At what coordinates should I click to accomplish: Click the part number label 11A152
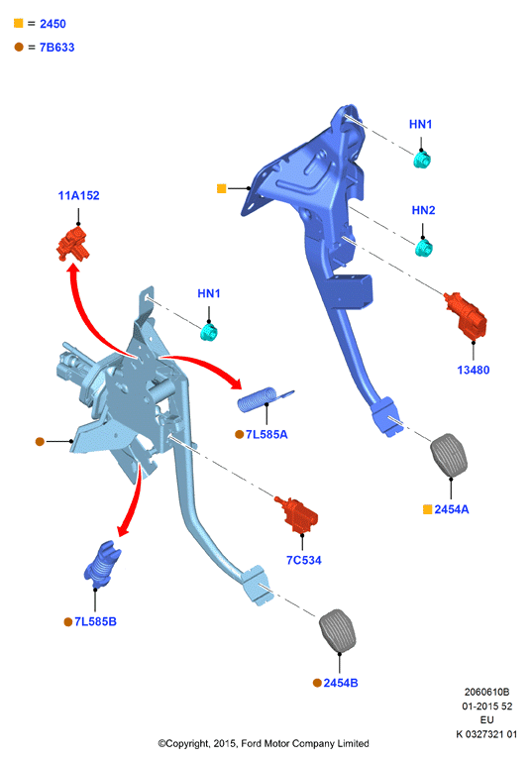coord(78,195)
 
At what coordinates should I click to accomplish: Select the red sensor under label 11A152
coord(73,245)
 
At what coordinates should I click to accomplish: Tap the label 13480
coord(474,370)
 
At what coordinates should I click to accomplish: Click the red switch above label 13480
coord(466,314)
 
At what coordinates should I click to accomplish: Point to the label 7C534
coord(304,560)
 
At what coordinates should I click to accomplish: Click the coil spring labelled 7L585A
coord(263,398)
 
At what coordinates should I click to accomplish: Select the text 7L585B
coord(95,621)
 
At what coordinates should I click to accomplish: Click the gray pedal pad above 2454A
coord(449,455)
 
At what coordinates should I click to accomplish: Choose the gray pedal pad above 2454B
coord(338,629)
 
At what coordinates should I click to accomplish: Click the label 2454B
coord(341,683)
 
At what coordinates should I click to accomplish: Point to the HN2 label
coord(423,210)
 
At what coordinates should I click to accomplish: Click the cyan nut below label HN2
coord(424,248)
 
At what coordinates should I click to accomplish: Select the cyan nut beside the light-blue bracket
coord(209,332)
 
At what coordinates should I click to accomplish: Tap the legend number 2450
coord(53,24)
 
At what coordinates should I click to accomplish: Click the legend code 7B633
coord(56,48)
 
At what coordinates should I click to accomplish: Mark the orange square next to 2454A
coord(427,509)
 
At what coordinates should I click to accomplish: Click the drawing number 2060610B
coord(486,692)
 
